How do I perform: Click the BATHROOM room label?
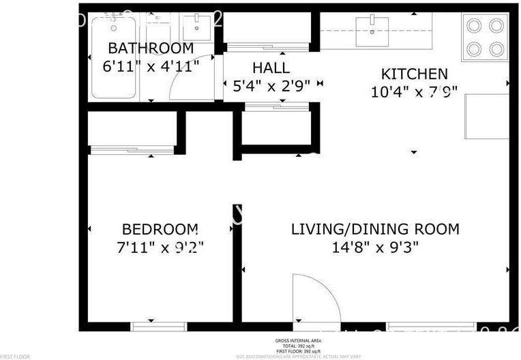pos(151,48)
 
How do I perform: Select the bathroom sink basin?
pos(197,29)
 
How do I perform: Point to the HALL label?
pos(271,68)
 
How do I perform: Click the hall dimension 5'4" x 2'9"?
pos(271,85)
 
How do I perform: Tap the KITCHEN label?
pos(414,74)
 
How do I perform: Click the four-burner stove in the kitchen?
pos(485,37)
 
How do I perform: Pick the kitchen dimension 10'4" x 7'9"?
pos(414,91)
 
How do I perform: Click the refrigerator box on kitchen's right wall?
pos(487,117)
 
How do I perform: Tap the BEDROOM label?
pos(160,229)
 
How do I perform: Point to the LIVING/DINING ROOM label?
pos(375,229)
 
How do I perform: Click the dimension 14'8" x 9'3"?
pos(375,247)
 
